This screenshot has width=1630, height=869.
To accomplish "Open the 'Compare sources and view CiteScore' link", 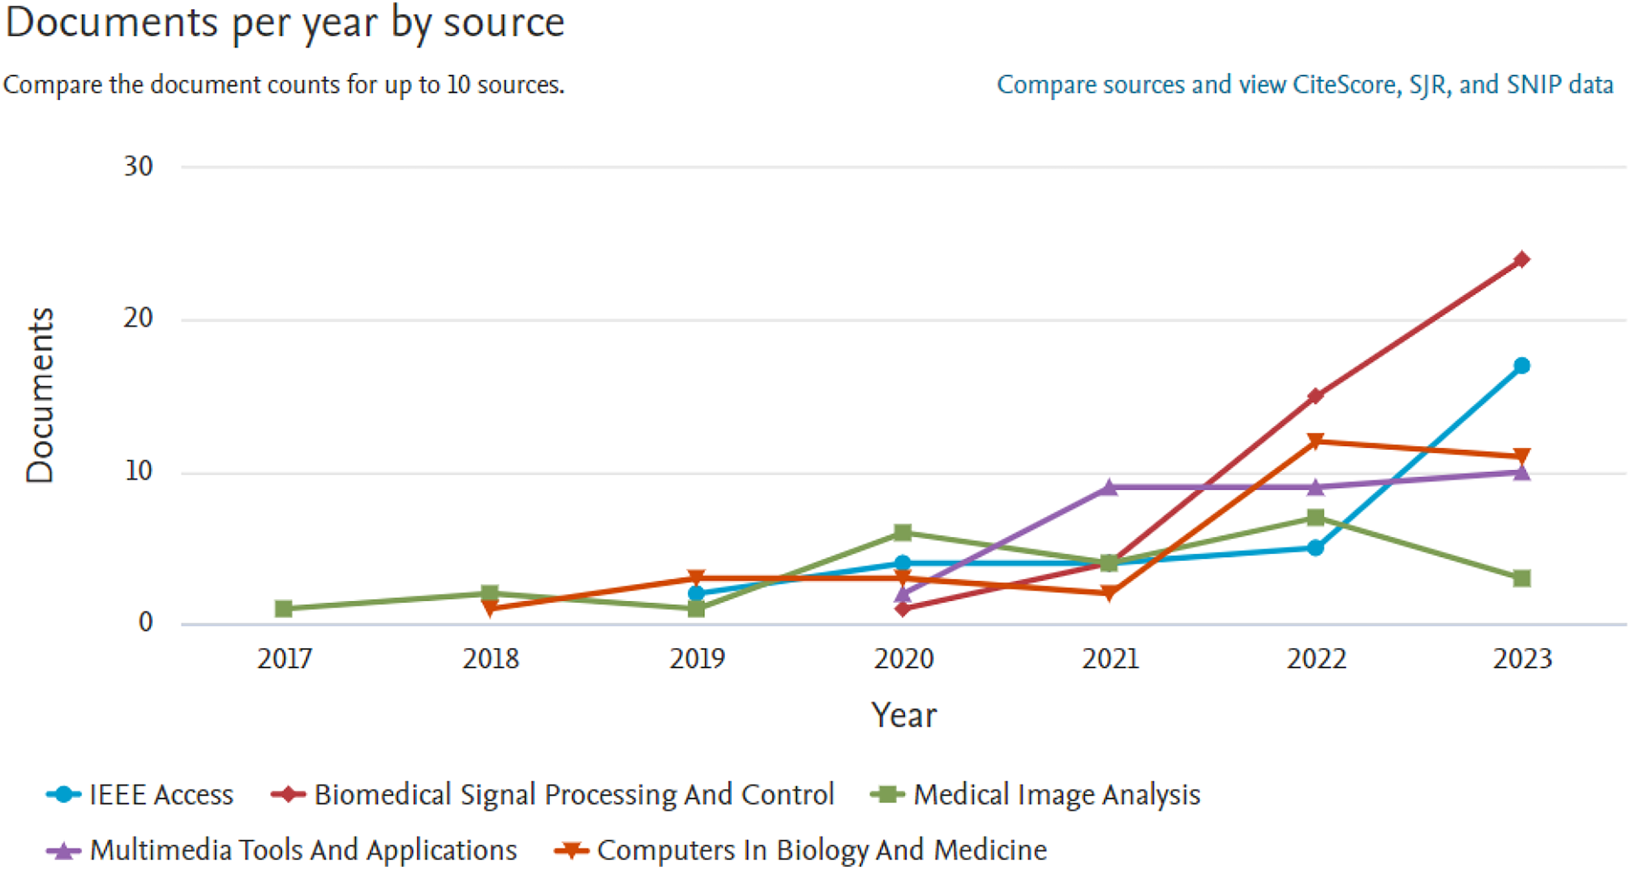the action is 1305,85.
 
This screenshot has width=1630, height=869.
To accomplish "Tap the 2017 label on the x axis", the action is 284,659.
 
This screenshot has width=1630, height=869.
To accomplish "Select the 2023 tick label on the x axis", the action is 1523,659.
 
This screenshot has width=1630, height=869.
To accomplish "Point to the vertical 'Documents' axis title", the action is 40,395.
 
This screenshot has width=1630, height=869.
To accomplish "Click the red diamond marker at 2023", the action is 1522,259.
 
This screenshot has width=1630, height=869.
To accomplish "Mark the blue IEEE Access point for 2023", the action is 1522,365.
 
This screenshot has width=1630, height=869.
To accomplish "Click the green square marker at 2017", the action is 284,608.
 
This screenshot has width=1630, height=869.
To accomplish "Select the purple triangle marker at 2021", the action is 1108,487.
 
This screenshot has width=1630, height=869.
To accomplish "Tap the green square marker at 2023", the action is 1522,578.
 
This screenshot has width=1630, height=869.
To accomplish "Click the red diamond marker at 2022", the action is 1315,396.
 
